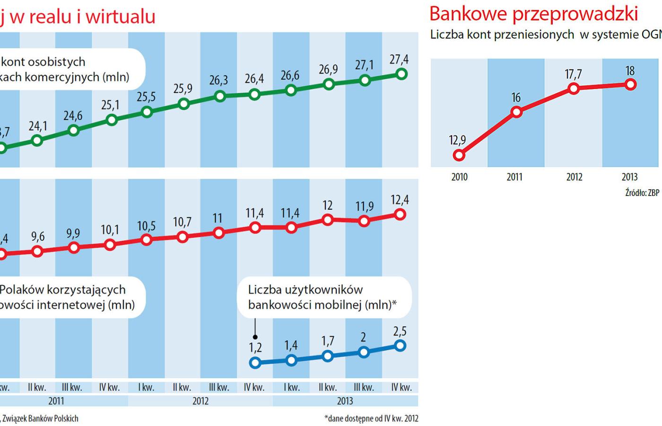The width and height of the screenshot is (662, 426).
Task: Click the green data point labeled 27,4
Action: (x=401, y=74)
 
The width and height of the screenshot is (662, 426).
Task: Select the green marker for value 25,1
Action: (x=112, y=120)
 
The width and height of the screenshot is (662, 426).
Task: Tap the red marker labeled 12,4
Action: (x=400, y=215)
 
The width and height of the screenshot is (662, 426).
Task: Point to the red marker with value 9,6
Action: (x=37, y=252)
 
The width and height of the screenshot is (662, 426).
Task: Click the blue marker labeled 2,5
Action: (x=400, y=346)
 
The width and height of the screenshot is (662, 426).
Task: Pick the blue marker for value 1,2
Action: (x=255, y=363)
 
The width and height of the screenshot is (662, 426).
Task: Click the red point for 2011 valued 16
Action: (x=516, y=112)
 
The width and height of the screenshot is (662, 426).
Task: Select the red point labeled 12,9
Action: (x=459, y=155)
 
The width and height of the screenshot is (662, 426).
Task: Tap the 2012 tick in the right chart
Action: (x=574, y=177)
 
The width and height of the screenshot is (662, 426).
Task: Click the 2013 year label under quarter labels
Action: (x=345, y=401)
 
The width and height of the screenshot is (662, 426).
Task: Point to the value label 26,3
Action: (x=218, y=80)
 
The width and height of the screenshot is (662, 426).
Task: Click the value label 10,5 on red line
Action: (x=146, y=226)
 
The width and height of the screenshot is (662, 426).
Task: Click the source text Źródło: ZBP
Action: (x=642, y=193)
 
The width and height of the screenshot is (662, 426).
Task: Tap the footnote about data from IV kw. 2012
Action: (x=371, y=418)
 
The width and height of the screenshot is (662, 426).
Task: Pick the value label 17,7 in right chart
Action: (x=573, y=74)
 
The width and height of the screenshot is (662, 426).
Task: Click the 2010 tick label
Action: (x=459, y=177)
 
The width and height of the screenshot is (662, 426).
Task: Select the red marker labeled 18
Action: (x=630, y=85)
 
